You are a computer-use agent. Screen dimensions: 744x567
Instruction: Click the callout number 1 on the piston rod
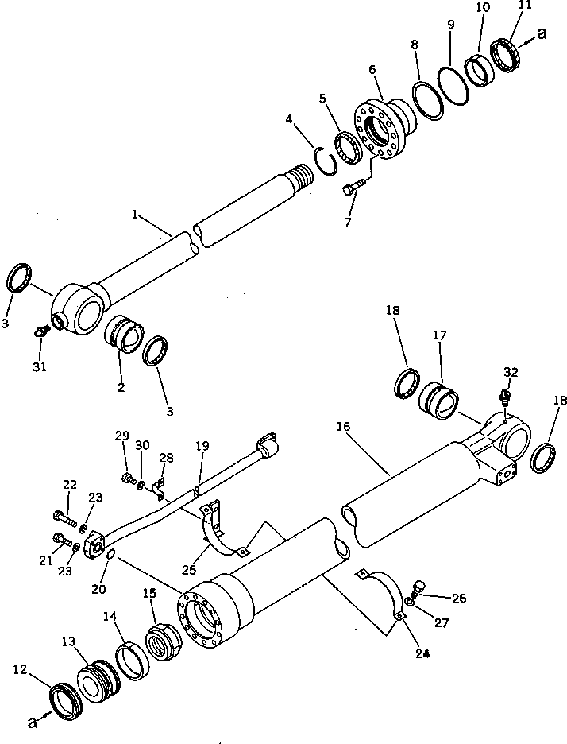click(x=136, y=215)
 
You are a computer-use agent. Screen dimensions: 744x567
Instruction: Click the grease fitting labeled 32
click(x=506, y=395)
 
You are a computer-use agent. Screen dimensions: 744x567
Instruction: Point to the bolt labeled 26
click(x=419, y=590)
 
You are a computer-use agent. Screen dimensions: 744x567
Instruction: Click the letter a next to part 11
click(x=542, y=34)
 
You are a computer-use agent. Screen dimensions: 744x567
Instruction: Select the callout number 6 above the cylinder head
click(x=371, y=70)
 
